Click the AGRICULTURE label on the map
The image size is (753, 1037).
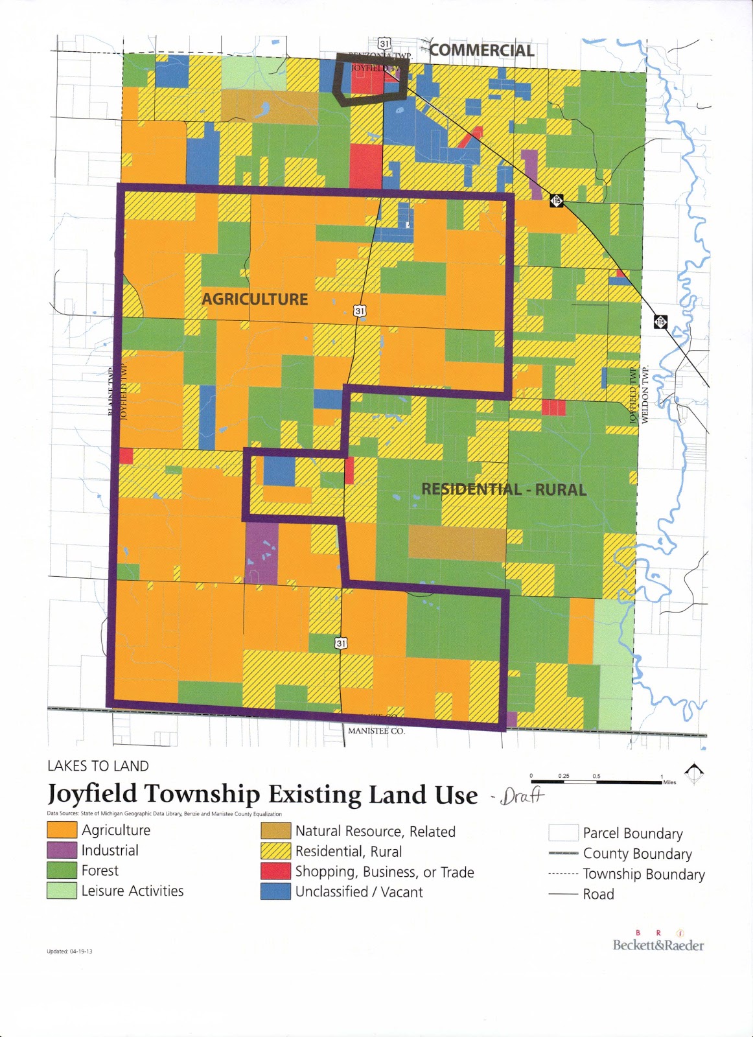coord(255,299)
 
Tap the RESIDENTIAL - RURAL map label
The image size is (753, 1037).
coord(504,489)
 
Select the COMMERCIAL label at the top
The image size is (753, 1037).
coord(481,51)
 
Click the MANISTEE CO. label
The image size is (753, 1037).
coord(376,730)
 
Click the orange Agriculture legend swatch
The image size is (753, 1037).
coord(62,830)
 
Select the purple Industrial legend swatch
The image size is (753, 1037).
coord(62,850)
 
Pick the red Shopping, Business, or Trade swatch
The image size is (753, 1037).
coord(275,872)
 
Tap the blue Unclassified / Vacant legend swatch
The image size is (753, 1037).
coord(275,892)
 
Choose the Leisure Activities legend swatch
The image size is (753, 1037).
coord(62,891)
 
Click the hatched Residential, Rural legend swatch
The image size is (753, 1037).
coord(275,852)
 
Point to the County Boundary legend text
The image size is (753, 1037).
coord(637,854)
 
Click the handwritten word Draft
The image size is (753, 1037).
coord(522,795)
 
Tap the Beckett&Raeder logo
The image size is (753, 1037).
coord(658,944)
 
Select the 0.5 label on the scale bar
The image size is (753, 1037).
coord(596,776)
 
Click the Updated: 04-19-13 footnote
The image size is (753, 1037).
coord(69,951)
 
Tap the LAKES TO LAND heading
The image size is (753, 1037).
coord(98,766)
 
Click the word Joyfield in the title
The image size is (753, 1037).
coord(92,794)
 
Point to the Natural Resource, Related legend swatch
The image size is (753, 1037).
coord(275,831)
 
